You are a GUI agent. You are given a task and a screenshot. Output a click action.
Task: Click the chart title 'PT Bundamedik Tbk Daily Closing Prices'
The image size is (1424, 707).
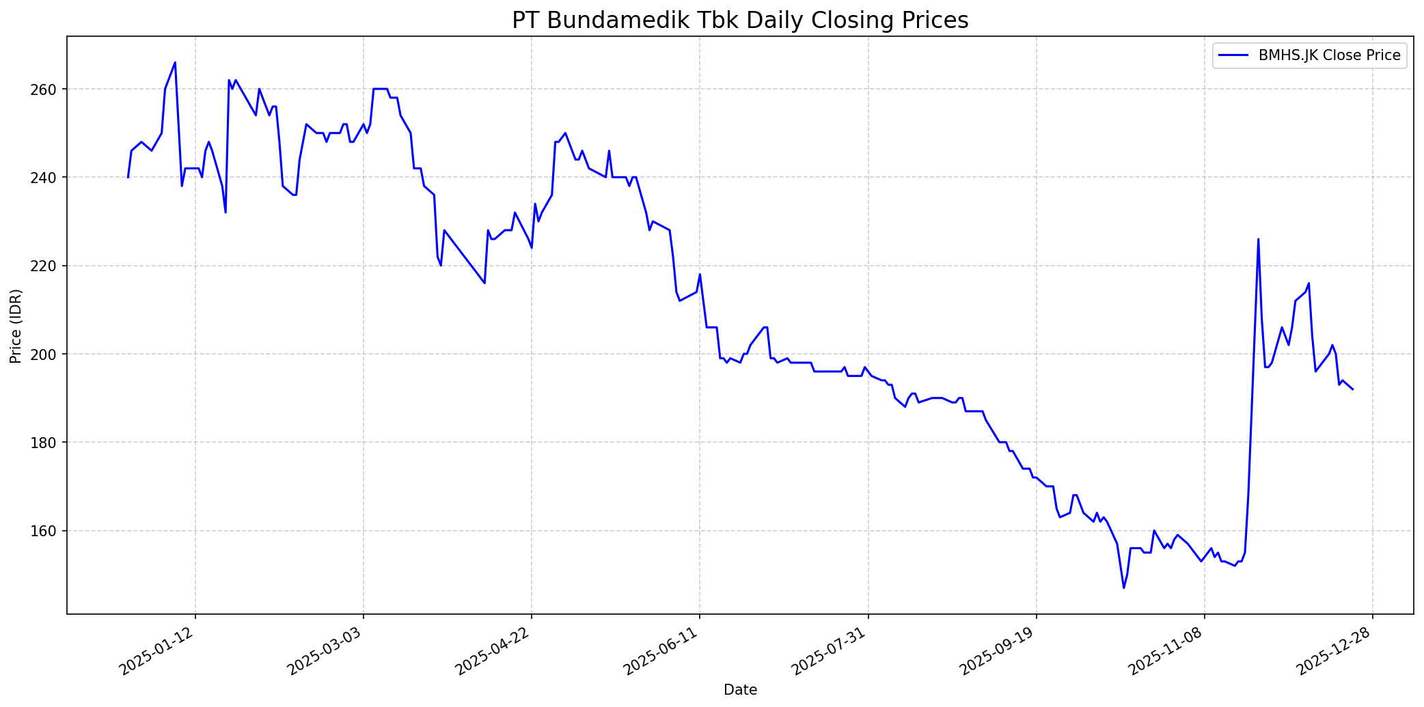tap(740, 20)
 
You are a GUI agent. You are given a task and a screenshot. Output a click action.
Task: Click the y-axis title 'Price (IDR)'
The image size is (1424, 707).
tap(16, 327)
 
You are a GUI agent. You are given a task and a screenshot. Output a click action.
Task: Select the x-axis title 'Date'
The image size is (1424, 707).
tap(740, 690)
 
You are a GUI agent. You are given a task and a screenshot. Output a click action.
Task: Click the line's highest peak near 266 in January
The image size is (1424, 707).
tap(175, 63)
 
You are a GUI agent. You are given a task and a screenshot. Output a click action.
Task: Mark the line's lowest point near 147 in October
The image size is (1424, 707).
tap(1123, 587)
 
